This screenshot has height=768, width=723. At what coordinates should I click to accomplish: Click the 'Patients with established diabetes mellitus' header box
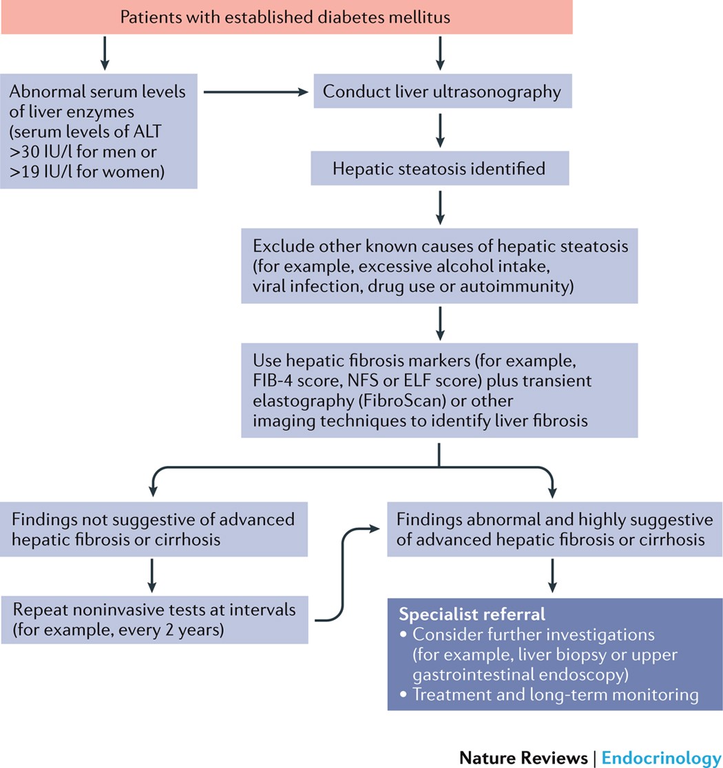click(x=286, y=17)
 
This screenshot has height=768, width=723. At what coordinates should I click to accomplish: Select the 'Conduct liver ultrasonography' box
click(x=441, y=92)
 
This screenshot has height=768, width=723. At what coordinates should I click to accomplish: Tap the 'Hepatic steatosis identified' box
click(x=439, y=169)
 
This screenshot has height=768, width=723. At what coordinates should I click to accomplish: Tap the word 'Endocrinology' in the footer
click(x=661, y=758)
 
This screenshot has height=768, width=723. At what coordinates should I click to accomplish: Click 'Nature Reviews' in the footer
click(x=523, y=758)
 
